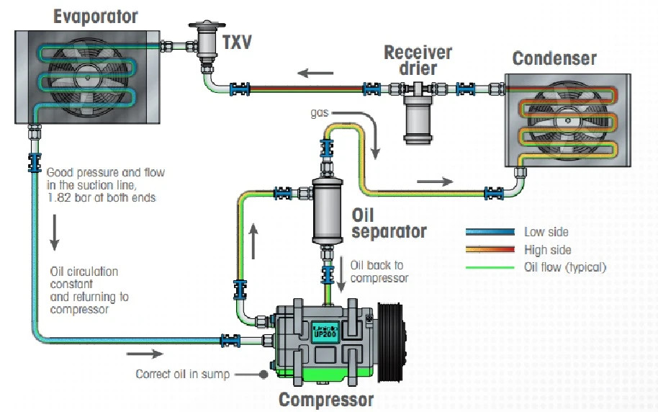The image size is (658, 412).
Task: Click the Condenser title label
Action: (x=554, y=58)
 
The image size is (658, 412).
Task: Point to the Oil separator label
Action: (x=389, y=223)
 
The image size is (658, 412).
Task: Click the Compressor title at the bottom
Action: (x=326, y=399)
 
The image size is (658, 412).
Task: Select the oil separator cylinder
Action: (x=327, y=211)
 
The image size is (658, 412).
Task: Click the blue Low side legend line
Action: (x=490, y=232)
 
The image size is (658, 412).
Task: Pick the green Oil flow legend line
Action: (x=490, y=267)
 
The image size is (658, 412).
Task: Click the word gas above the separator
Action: (x=320, y=113)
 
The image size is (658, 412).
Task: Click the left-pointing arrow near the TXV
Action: (x=317, y=73)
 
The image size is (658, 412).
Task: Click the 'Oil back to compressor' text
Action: (x=379, y=272)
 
